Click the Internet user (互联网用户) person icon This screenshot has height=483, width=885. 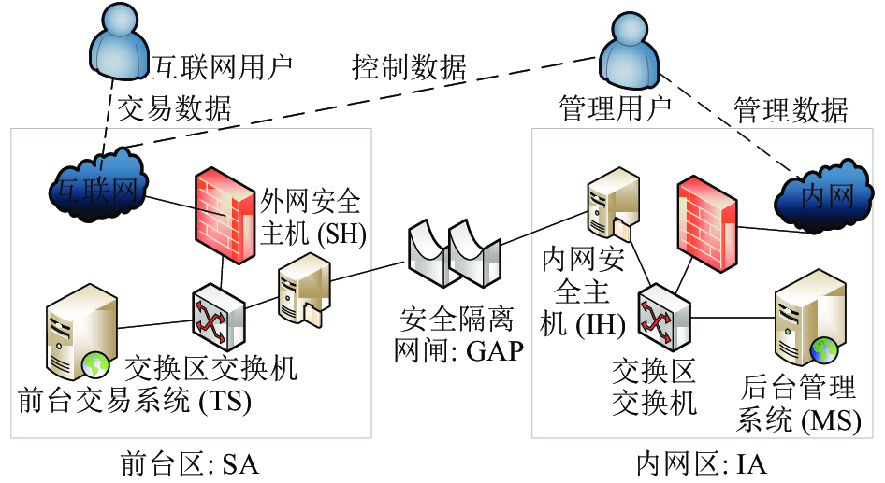click(121, 42)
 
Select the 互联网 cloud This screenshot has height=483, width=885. click(97, 186)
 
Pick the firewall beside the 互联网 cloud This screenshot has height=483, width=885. click(225, 215)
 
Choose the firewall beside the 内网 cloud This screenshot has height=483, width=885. click(706, 223)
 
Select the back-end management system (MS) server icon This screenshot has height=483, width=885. click(810, 318)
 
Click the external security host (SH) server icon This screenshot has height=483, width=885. click(304, 290)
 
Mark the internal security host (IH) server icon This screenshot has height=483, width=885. click(613, 203)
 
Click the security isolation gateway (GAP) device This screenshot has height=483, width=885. click(455, 253)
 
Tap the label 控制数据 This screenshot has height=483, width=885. click(409, 67)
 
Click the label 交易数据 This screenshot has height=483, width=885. click(174, 108)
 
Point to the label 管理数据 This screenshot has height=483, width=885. click(791, 110)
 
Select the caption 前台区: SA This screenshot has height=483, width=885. click(191, 464)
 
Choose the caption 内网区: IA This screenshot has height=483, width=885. click(702, 464)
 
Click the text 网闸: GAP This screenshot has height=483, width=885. click(458, 350)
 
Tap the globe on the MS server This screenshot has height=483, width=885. click(824, 349)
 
